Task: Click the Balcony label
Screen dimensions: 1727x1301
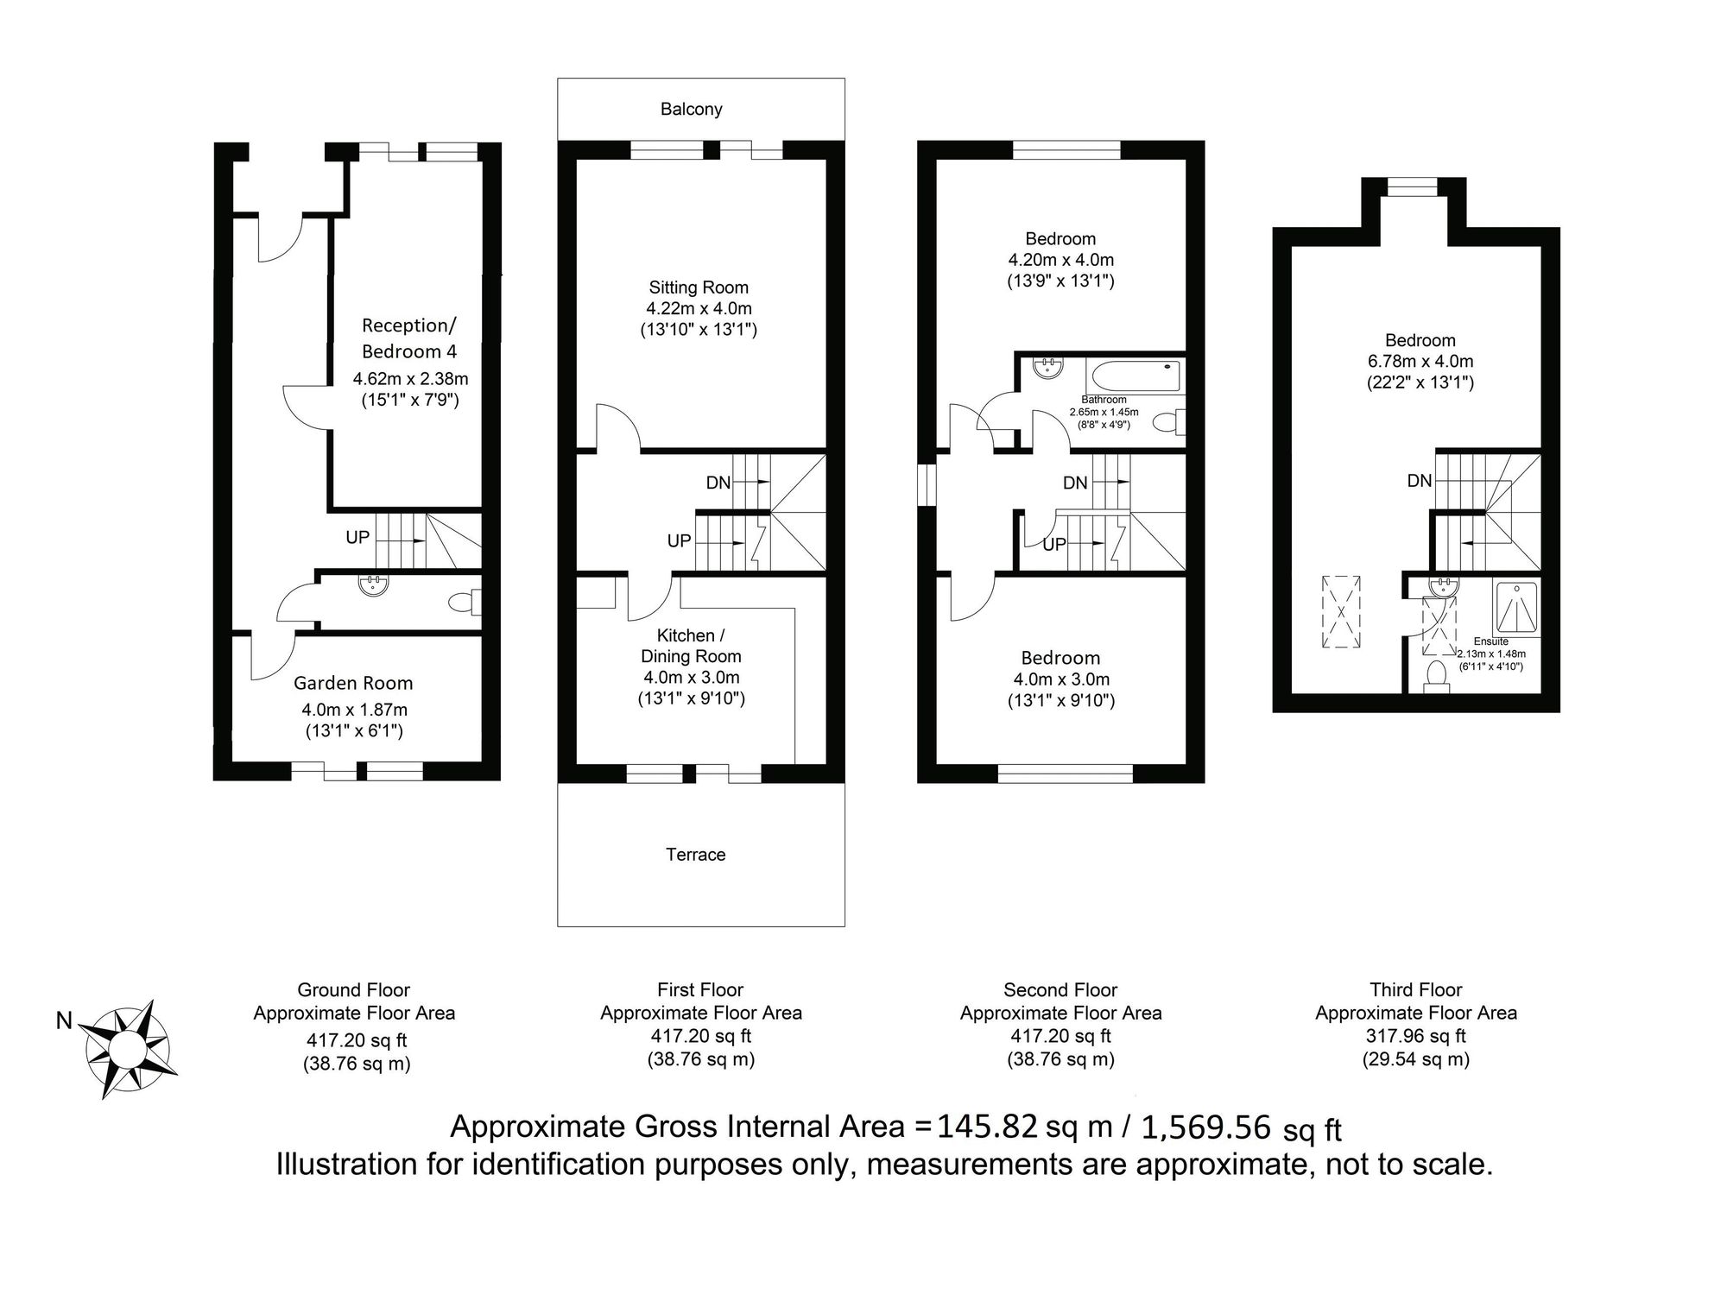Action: tap(691, 110)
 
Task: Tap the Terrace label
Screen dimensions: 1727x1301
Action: tap(695, 855)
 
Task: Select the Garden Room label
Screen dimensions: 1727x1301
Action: tap(353, 683)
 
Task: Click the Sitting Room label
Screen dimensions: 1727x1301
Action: tap(699, 287)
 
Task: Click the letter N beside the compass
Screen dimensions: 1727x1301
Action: tap(64, 1021)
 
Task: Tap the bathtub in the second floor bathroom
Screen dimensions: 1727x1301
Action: tap(1135, 376)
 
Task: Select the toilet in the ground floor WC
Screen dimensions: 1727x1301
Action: tap(465, 602)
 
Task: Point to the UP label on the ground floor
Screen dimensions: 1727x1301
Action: tap(357, 537)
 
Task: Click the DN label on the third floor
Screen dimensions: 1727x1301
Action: tap(1420, 481)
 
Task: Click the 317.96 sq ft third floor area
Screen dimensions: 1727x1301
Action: tap(1416, 1035)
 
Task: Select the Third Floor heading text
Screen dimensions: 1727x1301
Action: tap(1416, 989)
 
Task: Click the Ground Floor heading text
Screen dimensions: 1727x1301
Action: tap(354, 989)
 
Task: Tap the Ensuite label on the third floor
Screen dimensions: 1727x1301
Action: tap(1491, 641)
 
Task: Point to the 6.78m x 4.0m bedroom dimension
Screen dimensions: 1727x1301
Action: tap(1420, 361)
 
